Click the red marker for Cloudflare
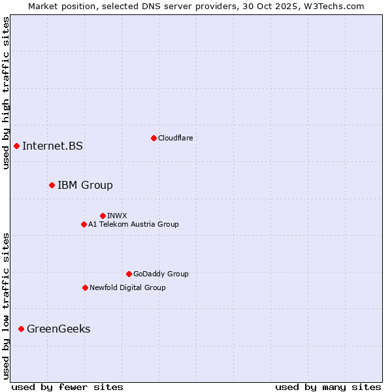tap(154, 138)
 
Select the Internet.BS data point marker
tap(16, 146)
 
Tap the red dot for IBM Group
tap(52, 185)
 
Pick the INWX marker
tap(103, 216)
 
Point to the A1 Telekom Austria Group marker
tap(84, 224)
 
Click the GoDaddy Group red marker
tap(129, 274)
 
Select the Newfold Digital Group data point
tap(85, 287)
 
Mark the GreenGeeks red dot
tap(21, 329)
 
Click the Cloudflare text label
tap(176, 138)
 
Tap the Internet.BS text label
tap(52, 146)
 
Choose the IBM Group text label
tap(85, 185)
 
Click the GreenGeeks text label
tap(59, 329)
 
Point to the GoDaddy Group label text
tap(161, 274)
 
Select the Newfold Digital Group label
tap(127, 287)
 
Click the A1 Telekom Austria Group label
tap(133, 224)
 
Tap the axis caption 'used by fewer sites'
tap(67, 387)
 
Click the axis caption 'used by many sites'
tap(328, 387)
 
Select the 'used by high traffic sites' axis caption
tap(6, 93)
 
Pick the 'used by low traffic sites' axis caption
tap(6, 306)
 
